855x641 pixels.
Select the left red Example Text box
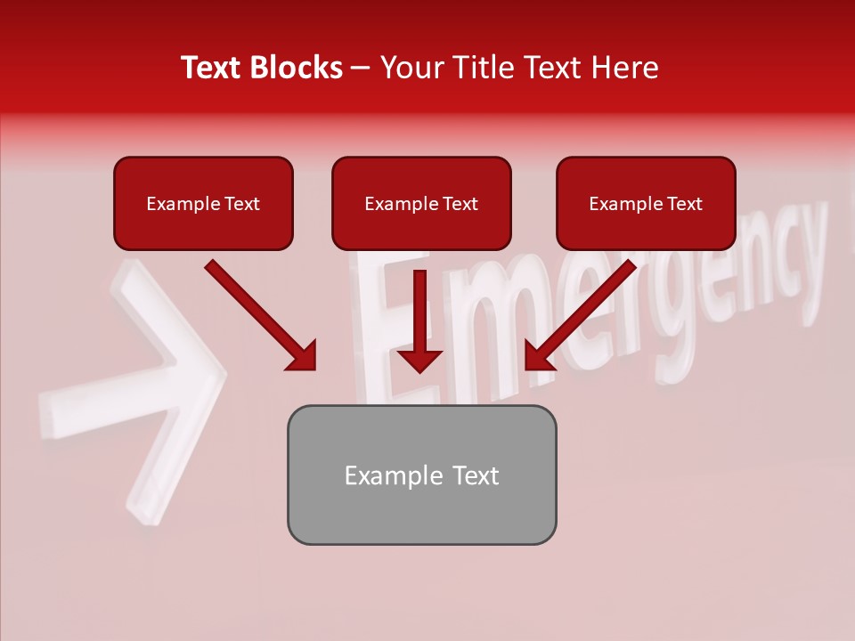tap(203, 203)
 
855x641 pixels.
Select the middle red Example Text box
tap(421, 203)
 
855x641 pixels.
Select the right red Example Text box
tap(646, 203)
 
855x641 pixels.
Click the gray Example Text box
tap(421, 475)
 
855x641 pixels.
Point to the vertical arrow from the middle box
tap(419, 312)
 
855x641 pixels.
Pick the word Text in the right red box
tap(684, 204)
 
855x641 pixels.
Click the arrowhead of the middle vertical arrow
tap(419, 360)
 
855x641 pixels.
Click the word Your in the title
tap(407, 68)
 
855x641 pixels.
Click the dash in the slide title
tap(361, 68)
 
